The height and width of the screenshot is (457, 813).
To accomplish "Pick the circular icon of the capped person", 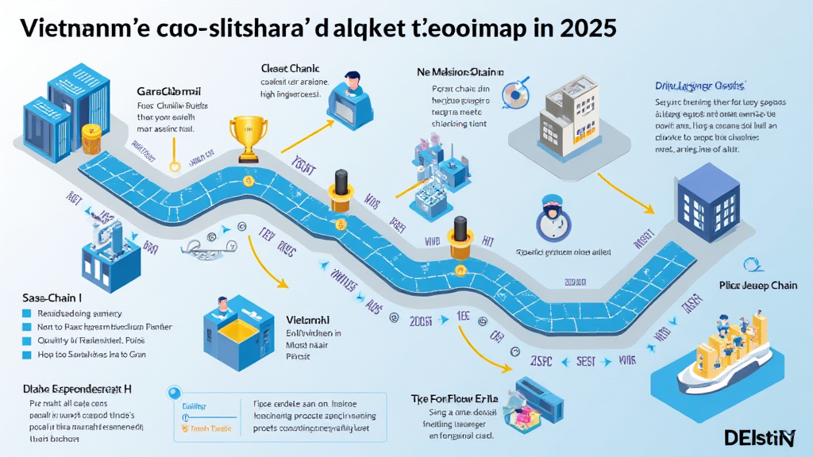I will click(553, 217).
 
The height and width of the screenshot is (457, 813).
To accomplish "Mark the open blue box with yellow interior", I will click(235, 331).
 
